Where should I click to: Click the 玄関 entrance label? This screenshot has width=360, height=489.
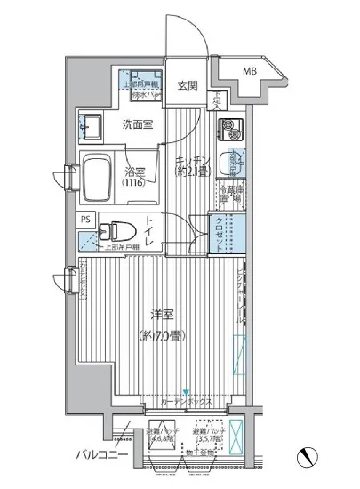[x=187, y=85]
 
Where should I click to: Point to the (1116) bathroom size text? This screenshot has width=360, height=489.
[x=132, y=183]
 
